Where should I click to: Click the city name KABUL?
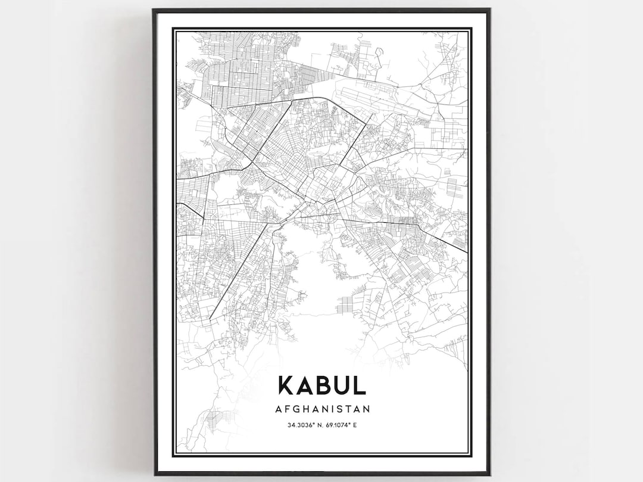click(x=321, y=385)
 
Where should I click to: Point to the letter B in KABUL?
click(x=322, y=385)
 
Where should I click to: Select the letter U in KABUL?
click(x=341, y=385)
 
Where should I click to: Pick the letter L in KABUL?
click(x=359, y=385)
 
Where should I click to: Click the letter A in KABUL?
click(x=305, y=385)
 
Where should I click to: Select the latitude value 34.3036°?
click(x=301, y=425)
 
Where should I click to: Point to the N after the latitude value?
click(x=319, y=425)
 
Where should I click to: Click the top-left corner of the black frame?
click(x=154, y=10)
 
